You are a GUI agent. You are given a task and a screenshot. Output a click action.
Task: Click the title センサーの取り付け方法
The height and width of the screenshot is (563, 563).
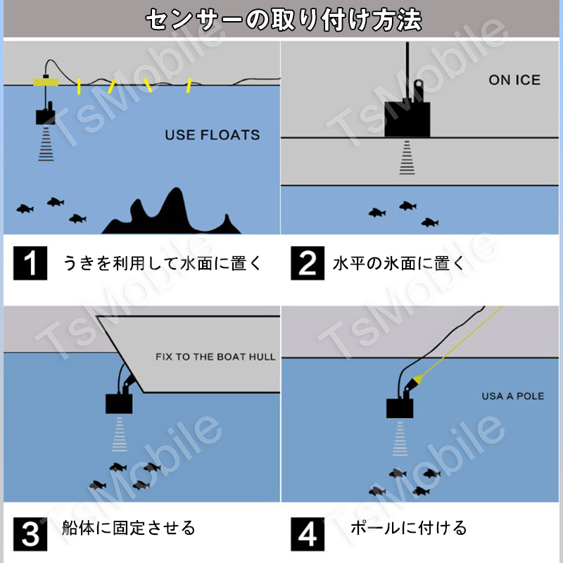tap(284, 20)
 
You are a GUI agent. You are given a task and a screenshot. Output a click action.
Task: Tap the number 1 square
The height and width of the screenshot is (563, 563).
tap(30, 263)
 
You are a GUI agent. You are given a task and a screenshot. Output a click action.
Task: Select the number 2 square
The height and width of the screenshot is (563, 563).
tap(308, 263)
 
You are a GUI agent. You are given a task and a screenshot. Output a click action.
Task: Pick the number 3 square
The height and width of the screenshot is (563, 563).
tap(30, 534)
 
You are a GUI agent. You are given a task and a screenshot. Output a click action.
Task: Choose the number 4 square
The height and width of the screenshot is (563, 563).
tap(308, 534)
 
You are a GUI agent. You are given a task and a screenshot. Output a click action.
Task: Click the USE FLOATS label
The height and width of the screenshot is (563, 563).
tap(213, 135)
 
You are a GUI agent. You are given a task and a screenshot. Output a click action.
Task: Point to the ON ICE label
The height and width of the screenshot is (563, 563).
tap(514, 80)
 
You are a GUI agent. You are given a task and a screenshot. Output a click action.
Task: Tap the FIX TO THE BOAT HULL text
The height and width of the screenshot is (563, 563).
tap(215, 357)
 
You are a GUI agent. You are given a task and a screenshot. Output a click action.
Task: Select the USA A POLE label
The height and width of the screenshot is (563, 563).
tap(513, 396)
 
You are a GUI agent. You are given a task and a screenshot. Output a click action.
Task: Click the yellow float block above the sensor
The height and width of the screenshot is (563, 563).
tap(46, 82)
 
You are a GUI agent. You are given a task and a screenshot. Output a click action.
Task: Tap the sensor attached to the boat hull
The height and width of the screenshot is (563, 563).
tap(119, 399)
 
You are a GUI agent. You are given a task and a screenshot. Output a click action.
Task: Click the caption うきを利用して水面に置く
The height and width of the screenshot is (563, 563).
tap(163, 263)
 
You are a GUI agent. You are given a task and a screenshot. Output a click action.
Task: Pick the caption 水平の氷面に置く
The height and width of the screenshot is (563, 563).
tap(398, 263)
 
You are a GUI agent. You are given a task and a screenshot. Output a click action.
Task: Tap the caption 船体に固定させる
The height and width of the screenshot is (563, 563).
tap(128, 528)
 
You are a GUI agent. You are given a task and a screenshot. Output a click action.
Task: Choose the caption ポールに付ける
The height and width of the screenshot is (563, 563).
tap(408, 528)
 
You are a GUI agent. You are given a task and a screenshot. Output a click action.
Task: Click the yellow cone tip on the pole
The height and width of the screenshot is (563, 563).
tap(417, 379)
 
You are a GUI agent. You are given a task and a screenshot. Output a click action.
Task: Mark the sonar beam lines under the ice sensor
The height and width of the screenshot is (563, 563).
tap(407, 158)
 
